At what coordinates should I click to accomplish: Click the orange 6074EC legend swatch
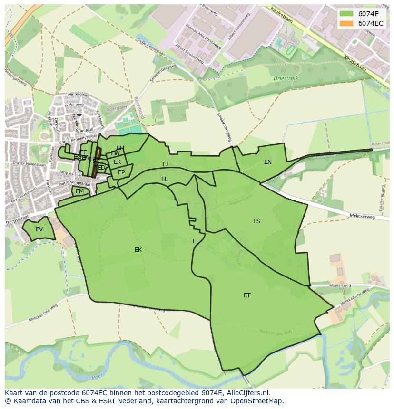click(x=346, y=23)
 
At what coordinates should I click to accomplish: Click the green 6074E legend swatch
click(x=346, y=13)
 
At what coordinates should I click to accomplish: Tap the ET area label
click(x=247, y=295)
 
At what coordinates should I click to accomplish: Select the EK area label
click(x=138, y=250)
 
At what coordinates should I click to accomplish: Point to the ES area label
click(x=256, y=221)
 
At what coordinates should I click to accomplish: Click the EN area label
click(x=268, y=162)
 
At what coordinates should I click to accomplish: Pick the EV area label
click(x=39, y=229)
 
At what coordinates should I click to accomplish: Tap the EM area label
click(x=79, y=191)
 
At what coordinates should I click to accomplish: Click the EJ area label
click(x=165, y=164)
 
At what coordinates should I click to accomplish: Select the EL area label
click(x=164, y=179)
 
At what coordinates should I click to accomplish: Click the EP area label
click(x=121, y=172)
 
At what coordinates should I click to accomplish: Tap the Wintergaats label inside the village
click(x=78, y=95)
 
